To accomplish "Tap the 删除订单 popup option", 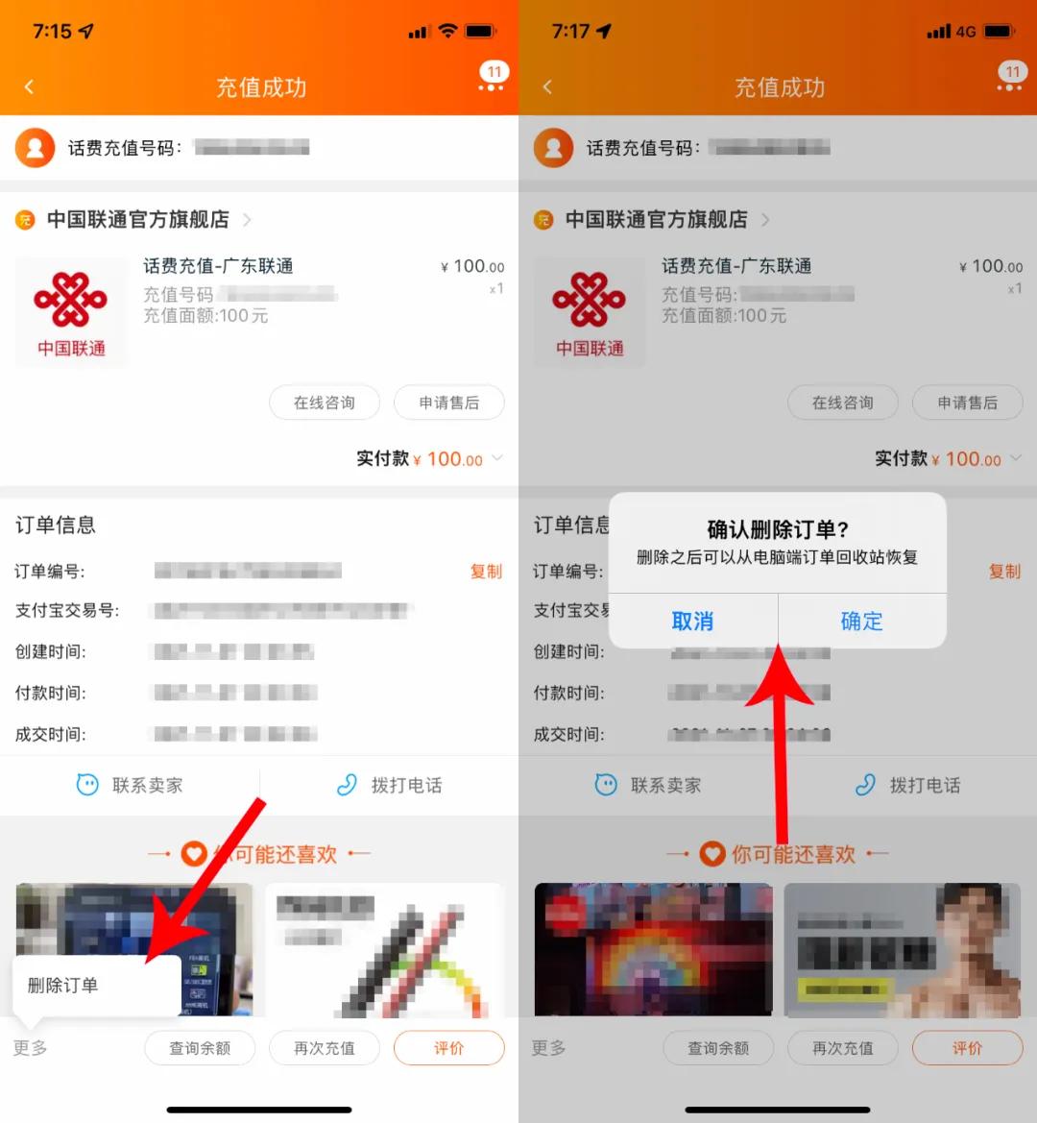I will (x=63, y=985).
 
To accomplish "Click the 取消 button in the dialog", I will (x=692, y=622).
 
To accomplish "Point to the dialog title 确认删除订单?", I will (x=778, y=529).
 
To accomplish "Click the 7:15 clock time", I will (x=52, y=32).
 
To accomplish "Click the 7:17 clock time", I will (x=570, y=32).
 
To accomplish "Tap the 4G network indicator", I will (x=965, y=32).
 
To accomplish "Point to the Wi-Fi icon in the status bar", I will (x=447, y=32).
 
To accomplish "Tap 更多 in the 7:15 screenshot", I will (x=31, y=1048).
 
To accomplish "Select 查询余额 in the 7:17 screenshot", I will (x=718, y=1048).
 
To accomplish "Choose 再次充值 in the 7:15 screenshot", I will (x=325, y=1048).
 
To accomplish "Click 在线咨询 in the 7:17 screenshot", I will (x=843, y=403).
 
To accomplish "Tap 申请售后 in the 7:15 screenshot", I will (x=449, y=403).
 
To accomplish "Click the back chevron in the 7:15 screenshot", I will (x=29, y=87).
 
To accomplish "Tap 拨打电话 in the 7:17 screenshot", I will (x=907, y=785).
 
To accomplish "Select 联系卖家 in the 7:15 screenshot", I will (x=130, y=785).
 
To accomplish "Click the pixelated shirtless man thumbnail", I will (x=903, y=949).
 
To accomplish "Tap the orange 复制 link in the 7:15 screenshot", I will (x=486, y=572).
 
